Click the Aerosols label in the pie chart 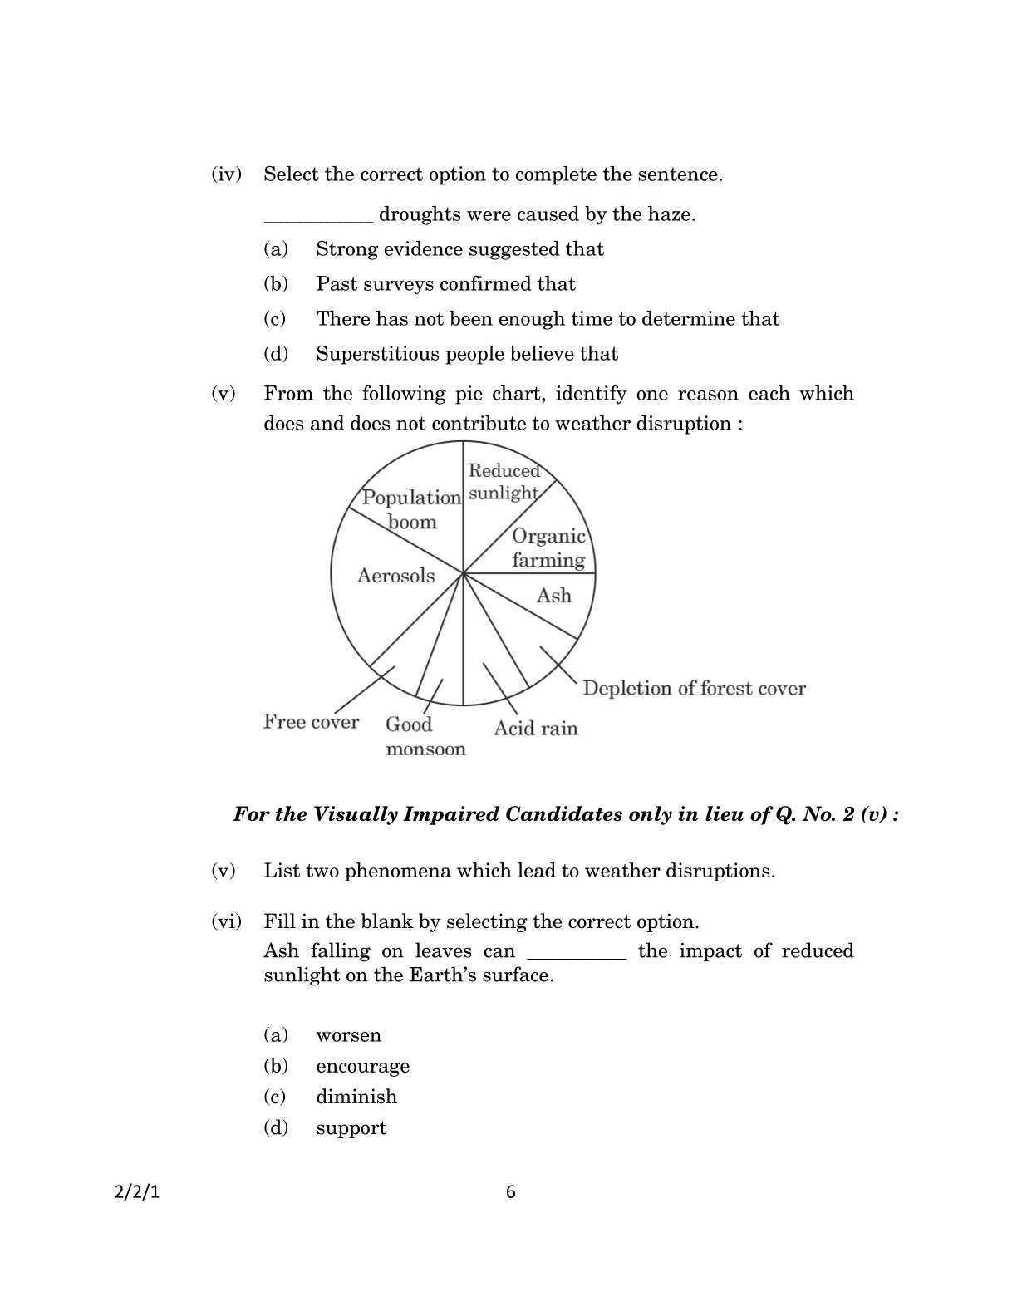click(x=395, y=576)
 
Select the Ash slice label click(x=553, y=596)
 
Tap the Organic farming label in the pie click(x=548, y=548)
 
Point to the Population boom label click(x=411, y=509)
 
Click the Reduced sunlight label click(x=504, y=482)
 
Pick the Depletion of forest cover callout click(x=694, y=688)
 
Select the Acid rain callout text click(x=535, y=729)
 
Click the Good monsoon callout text click(x=425, y=736)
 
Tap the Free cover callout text click(x=311, y=722)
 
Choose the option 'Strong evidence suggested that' click(x=459, y=249)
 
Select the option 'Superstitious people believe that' click(x=466, y=354)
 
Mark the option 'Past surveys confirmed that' click(x=445, y=284)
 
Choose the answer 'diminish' click(x=356, y=1097)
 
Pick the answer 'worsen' click(x=348, y=1035)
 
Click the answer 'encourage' click(x=362, y=1066)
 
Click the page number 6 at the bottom click(x=510, y=1192)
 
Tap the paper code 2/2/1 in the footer click(x=136, y=1192)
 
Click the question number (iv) click(x=226, y=174)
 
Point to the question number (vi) click(x=226, y=921)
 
